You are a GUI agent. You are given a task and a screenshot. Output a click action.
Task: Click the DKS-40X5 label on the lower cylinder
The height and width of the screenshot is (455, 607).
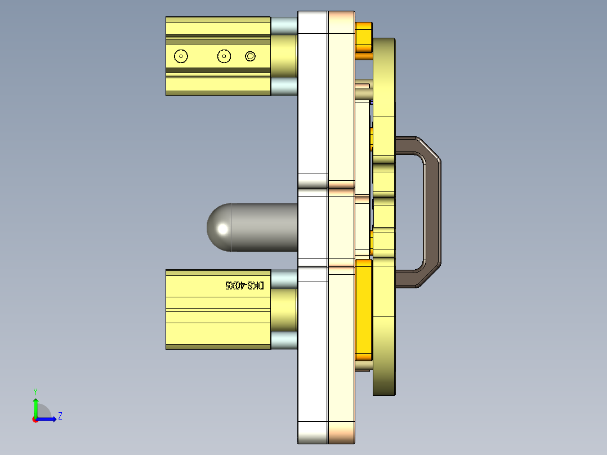point(244,286)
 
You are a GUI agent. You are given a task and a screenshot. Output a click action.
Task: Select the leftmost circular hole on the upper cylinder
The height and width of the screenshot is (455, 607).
point(181,56)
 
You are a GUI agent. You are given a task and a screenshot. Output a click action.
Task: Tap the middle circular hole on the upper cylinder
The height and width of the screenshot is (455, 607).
point(224,56)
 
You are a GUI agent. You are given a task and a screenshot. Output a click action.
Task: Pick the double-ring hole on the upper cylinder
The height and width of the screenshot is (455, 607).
point(251,56)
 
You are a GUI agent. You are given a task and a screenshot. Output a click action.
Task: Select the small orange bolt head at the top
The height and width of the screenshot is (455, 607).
point(364,39)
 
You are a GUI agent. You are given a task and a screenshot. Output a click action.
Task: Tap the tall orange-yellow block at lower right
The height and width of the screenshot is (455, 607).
point(364,310)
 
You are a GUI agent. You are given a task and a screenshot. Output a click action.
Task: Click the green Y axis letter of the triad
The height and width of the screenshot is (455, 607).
point(35,391)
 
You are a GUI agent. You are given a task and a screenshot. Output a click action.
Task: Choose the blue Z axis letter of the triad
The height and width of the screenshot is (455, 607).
point(60,416)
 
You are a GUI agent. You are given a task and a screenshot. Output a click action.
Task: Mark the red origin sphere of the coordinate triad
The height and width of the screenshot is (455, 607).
point(35,419)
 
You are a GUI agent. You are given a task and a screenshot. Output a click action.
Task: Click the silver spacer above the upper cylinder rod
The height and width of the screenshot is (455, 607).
point(284,25)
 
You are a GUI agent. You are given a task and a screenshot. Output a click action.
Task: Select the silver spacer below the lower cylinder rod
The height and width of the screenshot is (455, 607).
point(284,340)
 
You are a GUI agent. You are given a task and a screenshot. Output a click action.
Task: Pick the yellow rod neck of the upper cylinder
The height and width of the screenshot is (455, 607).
point(284,56)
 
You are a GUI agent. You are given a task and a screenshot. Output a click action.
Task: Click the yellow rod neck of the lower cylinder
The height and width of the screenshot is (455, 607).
point(284,310)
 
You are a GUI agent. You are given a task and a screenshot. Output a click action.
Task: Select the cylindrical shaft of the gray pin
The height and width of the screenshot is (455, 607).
point(265,227)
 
